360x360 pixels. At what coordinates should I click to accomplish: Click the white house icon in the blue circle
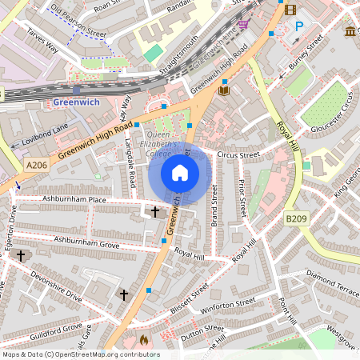pos(179,173)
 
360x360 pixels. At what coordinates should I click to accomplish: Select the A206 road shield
pos(36,165)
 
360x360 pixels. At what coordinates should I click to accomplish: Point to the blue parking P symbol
pos(299,26)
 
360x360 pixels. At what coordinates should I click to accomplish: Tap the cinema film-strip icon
pos(289,10)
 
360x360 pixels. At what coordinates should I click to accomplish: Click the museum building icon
pos(351,30)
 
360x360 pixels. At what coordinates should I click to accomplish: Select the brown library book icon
pos(224,91)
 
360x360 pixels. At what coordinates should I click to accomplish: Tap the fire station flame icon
pos(144,340)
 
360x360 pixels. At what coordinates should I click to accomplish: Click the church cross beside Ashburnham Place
pos(156,211)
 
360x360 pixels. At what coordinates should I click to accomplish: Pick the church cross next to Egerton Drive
pos(22,255)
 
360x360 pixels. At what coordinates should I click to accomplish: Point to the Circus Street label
pos(239,154)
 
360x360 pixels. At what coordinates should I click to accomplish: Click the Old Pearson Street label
pos(78,23)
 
